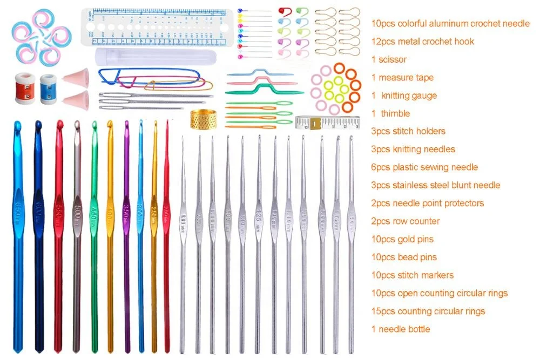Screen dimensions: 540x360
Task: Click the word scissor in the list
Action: click(393, 59)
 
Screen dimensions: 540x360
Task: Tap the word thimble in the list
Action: click(395, 113)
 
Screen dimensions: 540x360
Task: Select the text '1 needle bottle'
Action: click(401, 329)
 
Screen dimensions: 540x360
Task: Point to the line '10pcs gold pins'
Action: click(402, 239)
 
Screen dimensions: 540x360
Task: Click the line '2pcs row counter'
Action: click(406, 221)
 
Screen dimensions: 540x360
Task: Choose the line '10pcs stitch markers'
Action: click(411, 275)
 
